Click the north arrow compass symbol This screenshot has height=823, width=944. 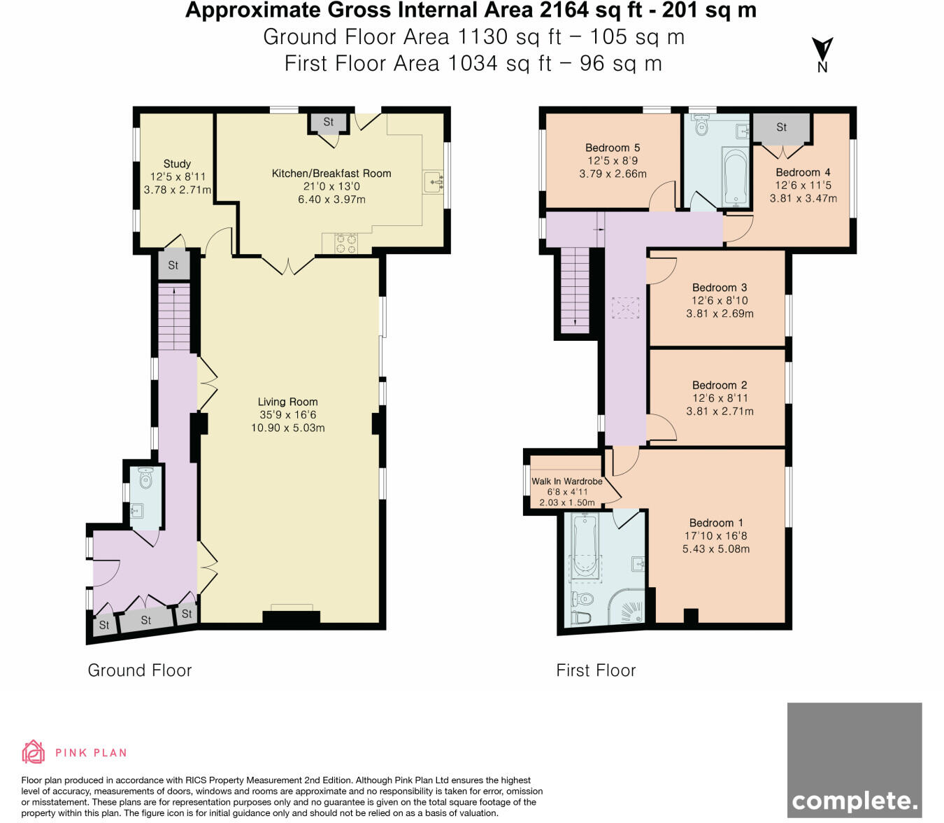822,55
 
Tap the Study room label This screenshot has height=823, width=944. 177,164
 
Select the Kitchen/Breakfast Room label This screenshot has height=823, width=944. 331,174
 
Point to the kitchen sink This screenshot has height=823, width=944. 433,183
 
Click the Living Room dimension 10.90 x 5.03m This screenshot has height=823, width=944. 288,428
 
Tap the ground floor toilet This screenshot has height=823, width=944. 145,478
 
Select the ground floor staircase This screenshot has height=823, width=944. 174,317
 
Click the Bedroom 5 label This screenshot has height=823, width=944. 613,148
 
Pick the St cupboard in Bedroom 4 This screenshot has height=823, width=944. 781,127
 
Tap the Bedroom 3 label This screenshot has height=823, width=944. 720,288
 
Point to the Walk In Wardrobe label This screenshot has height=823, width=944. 567,481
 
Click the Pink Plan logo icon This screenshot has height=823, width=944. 33,752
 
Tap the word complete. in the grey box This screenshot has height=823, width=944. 854,801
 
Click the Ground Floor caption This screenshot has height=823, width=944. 140,670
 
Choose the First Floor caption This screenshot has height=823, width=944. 596,670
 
